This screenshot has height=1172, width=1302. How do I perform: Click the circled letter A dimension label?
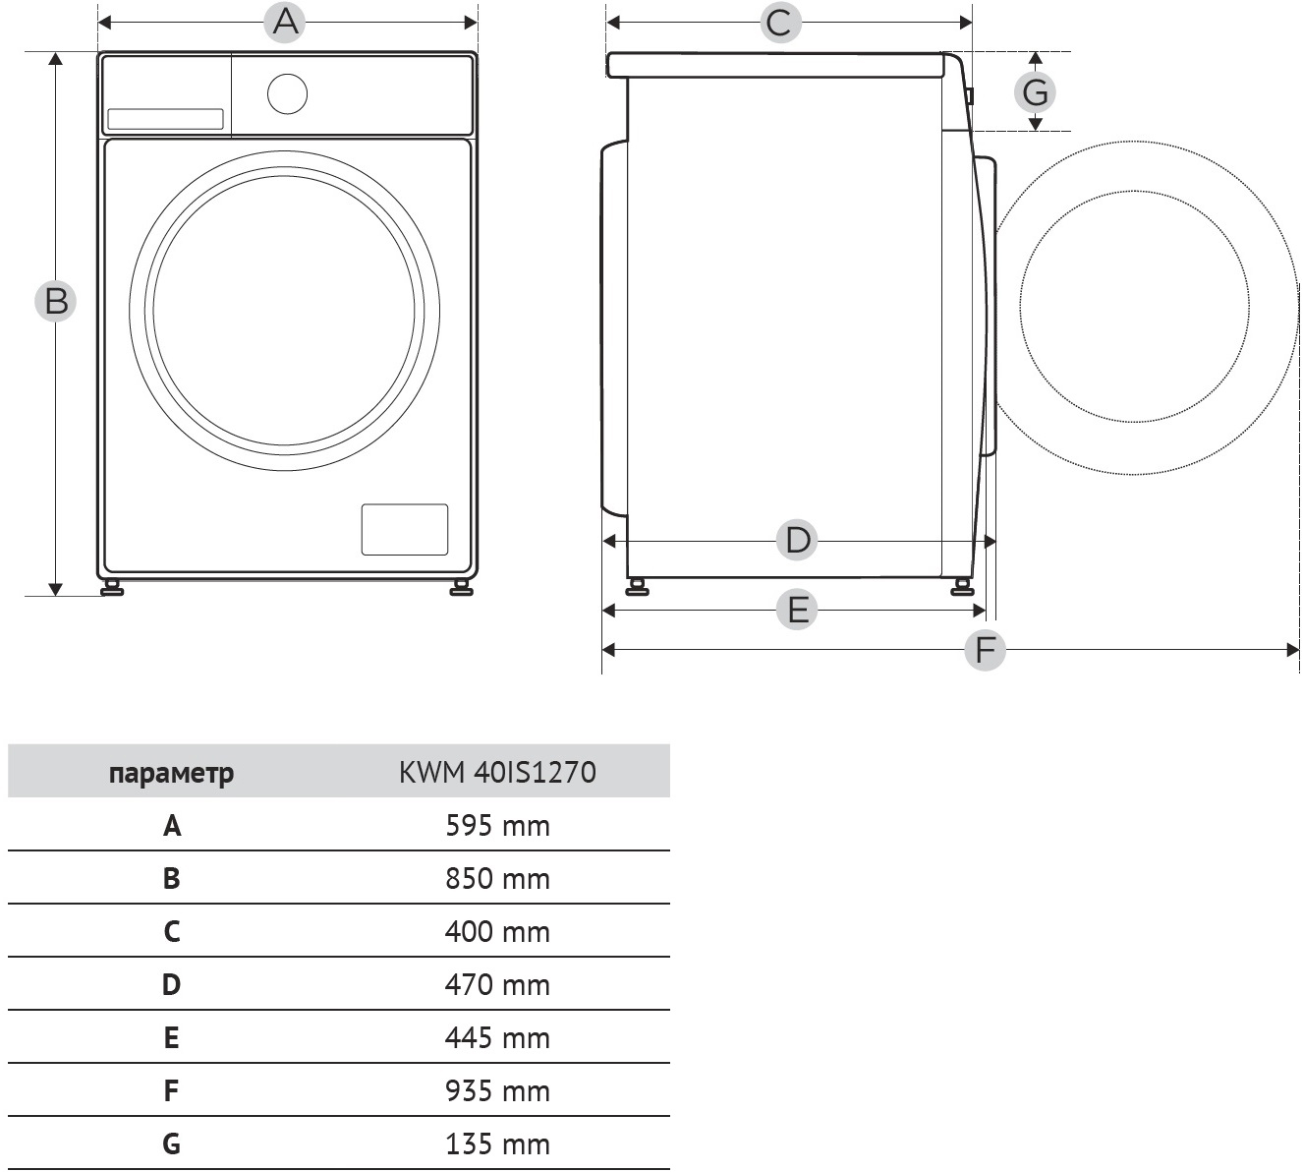point(285,22)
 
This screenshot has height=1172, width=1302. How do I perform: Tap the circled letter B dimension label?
point(56,301)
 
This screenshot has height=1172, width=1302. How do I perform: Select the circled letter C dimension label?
point(779,22)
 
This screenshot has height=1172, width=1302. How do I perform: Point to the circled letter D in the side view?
point(797,540)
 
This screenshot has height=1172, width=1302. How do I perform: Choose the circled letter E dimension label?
point(797,610)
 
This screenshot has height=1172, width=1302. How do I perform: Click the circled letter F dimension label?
point(985,649)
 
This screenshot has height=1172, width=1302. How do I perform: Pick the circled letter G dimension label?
point(1035,91)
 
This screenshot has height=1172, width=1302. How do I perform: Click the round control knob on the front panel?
point(287,94)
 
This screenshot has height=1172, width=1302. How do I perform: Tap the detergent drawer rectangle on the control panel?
point(165,119)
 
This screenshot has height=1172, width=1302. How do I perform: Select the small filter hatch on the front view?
point(405,530)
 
